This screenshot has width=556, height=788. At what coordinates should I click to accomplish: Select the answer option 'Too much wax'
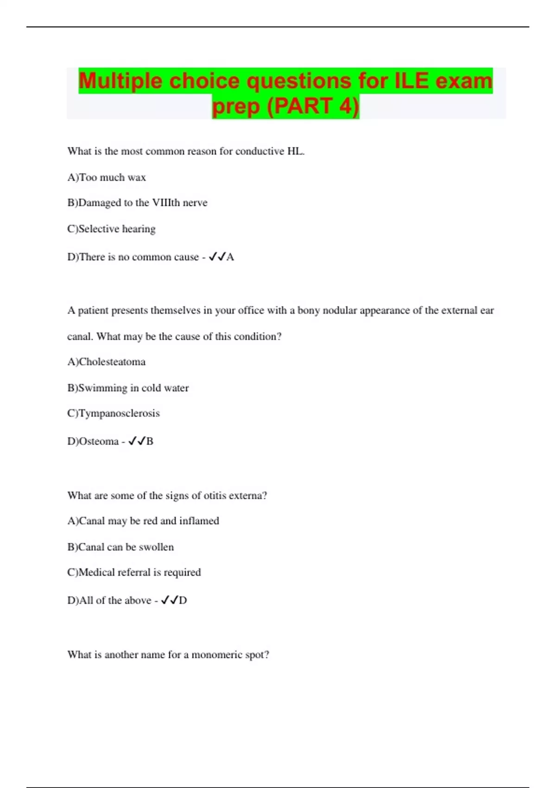pyautogui.click(x=112, y=178)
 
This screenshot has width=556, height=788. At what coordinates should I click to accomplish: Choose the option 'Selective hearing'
pyautogui.click(x=117, y=229)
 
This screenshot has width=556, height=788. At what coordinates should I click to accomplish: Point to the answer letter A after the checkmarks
pyautogui.click(x=230, y=257)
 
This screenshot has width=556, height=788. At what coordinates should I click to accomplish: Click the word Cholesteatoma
pyautogui.click(x=112, y=362)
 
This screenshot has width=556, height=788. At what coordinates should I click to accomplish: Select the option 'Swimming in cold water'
pyautogui.click(x=133, y=388)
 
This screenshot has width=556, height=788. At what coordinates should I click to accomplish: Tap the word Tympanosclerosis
pyautogui.click(x=119, y=413)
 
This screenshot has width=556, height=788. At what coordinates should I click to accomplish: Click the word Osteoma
pyautogui.click(x=99, y=441)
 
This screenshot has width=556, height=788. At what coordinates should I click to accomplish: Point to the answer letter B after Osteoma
pyautogui.click(x=150, y=441)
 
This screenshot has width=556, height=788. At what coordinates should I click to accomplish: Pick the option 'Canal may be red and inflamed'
pyautogui.click(x=149, y=521)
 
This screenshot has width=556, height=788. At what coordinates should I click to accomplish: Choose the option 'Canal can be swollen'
pyautogui.click(x=126, y=547)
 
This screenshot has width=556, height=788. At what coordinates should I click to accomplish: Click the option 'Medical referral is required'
pyautogui.click(x=139, y=572)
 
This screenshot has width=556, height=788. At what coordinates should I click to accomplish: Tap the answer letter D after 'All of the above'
pyautogui.click(x=183, y=601)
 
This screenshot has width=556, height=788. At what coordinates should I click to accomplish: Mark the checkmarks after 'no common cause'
pyautogui.click(x=217, y=257)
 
